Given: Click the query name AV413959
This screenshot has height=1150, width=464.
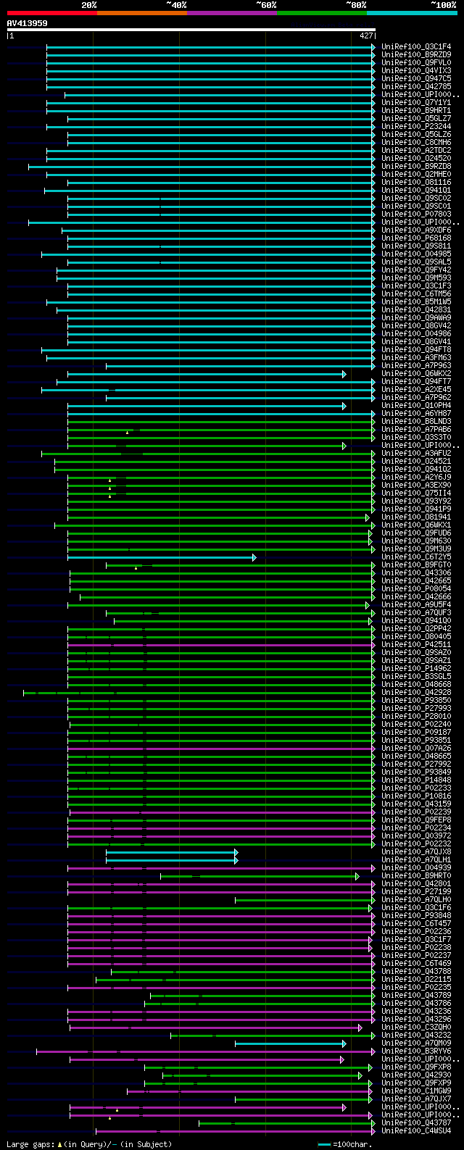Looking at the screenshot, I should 28,23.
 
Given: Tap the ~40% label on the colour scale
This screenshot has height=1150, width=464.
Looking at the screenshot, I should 176,4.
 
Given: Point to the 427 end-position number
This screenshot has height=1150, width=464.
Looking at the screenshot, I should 366,36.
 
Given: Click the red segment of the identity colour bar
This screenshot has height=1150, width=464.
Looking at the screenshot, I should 51,13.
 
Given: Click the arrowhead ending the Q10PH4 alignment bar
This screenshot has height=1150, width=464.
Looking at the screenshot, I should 344,406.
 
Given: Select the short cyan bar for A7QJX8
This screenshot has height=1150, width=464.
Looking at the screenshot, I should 171,852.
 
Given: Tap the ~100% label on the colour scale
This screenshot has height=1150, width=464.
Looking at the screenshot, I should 444,4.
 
